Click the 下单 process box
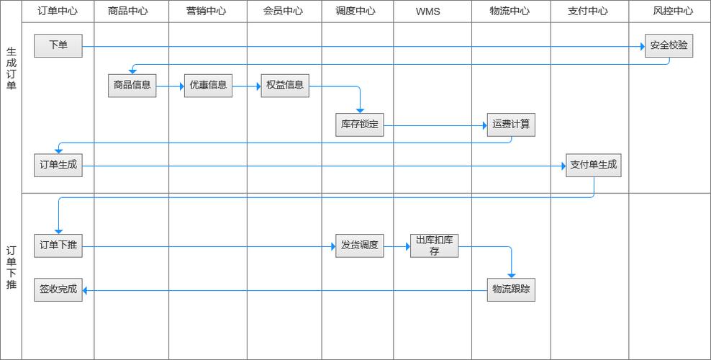(58, 45)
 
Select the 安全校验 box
(669, 45)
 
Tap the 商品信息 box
(132, 85)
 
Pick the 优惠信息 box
(208, 85)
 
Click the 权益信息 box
(284, 85)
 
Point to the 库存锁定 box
(360, 125)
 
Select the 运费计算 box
(511, 125)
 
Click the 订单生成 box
(58, 165)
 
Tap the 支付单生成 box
(593, 165)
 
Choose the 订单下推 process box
(58, 246)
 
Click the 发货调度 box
(360, 246)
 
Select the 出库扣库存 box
(435, 246)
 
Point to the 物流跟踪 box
(511, 289)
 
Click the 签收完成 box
(58, 289)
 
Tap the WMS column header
(427, 12)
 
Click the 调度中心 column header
(355, 12)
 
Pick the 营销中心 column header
(206, 12)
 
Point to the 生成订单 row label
(11, 69)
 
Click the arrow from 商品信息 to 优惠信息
(170, 86)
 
